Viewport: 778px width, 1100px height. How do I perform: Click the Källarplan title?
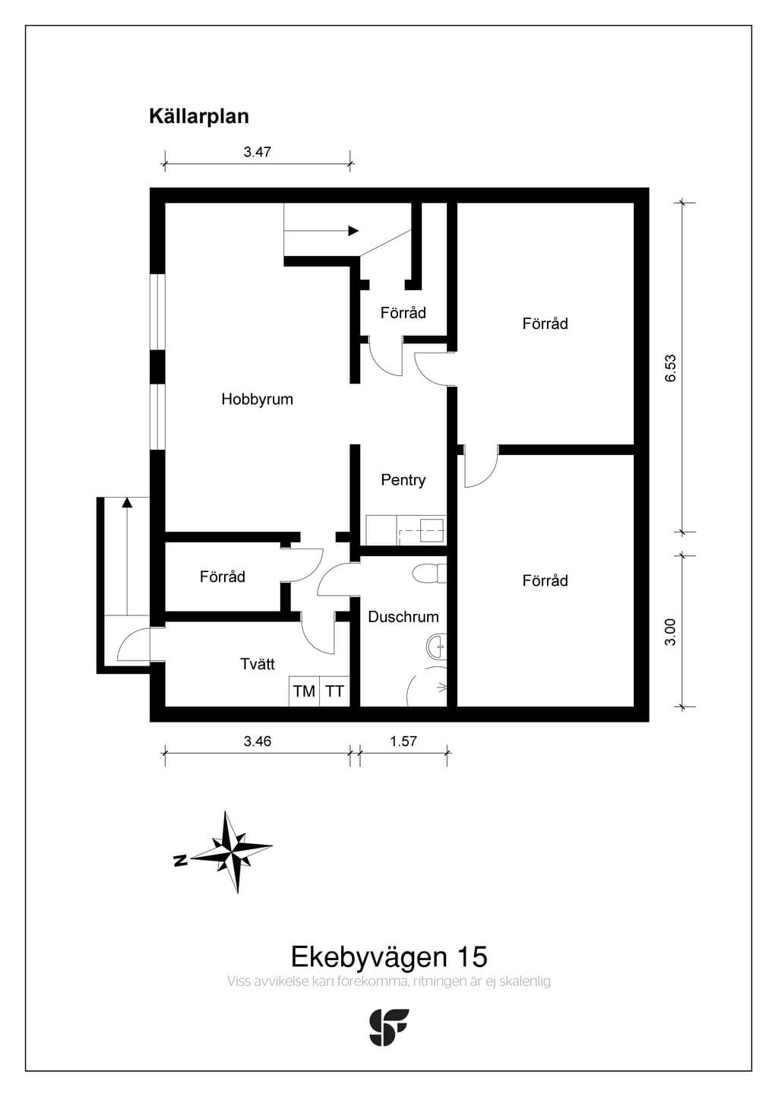(199, 117)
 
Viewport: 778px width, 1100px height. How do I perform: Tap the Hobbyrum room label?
(257, 400)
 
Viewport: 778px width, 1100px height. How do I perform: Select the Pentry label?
(403, 480)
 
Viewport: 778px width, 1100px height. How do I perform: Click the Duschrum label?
(403, 617)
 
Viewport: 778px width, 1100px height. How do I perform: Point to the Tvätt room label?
(258, 664)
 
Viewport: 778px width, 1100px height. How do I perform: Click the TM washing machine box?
(304, 691)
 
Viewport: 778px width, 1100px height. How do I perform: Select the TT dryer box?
(335, 691)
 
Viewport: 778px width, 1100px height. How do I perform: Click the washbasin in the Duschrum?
(437, 646)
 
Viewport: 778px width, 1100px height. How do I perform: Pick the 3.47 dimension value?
(258, 152)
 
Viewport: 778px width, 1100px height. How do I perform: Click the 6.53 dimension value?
(670, 368)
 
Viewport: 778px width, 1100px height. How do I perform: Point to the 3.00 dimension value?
(670, 632)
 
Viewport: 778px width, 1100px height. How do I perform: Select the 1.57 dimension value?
(403, 741)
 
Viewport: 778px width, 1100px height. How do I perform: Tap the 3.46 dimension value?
(258, 741)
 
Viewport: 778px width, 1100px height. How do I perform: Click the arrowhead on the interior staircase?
(353, 230)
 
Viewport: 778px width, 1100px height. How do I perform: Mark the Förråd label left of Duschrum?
(223, 577)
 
